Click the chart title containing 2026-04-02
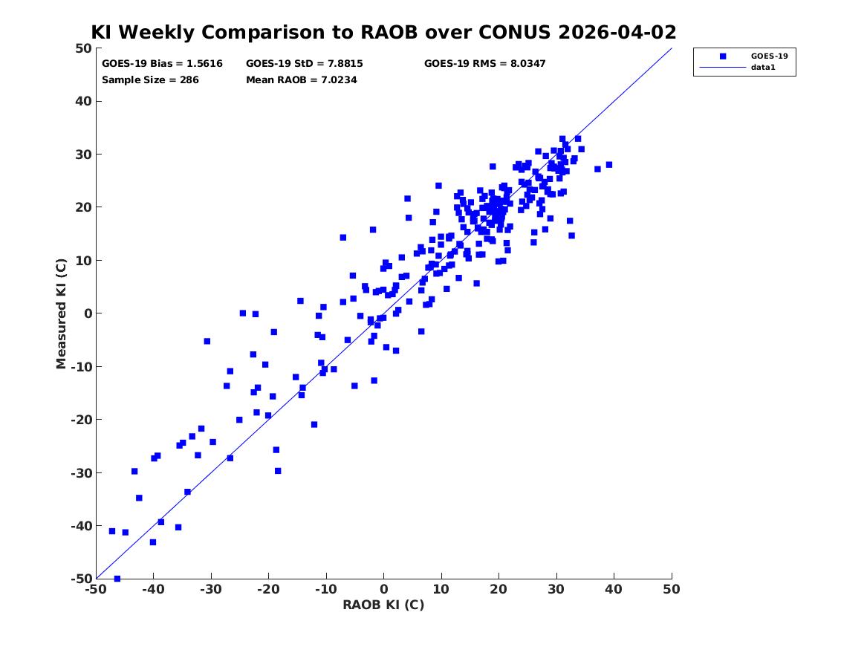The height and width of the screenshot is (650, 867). (383, 32)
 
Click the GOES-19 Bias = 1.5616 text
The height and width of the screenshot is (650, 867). (162, 64)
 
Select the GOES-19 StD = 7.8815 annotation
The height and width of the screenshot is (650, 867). (305, 64)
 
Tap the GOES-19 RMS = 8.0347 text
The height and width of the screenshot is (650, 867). (485, 64)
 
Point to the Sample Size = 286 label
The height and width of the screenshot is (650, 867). (150, 80)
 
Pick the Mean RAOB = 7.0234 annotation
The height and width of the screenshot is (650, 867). (302, 80)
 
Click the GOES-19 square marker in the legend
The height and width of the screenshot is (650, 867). (723, 56)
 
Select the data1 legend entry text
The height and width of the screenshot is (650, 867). (763, 68)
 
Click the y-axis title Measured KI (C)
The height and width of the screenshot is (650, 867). (61, 313)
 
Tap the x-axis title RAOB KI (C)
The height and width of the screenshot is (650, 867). (384, 605)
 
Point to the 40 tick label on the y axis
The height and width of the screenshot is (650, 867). (83, 101)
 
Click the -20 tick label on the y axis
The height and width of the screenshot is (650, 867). (81, 420)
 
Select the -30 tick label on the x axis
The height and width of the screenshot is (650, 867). (211, 589)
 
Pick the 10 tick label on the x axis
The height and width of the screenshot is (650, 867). (441, 589)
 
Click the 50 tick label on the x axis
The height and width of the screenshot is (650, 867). (672, 589)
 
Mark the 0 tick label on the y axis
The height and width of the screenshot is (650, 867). (88, 313)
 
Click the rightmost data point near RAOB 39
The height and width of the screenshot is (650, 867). (609, 165)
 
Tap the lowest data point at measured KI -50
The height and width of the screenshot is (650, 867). (117, 579)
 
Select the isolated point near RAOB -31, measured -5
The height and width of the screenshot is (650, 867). (207, 342)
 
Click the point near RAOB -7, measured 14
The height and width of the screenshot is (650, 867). (342, 238)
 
